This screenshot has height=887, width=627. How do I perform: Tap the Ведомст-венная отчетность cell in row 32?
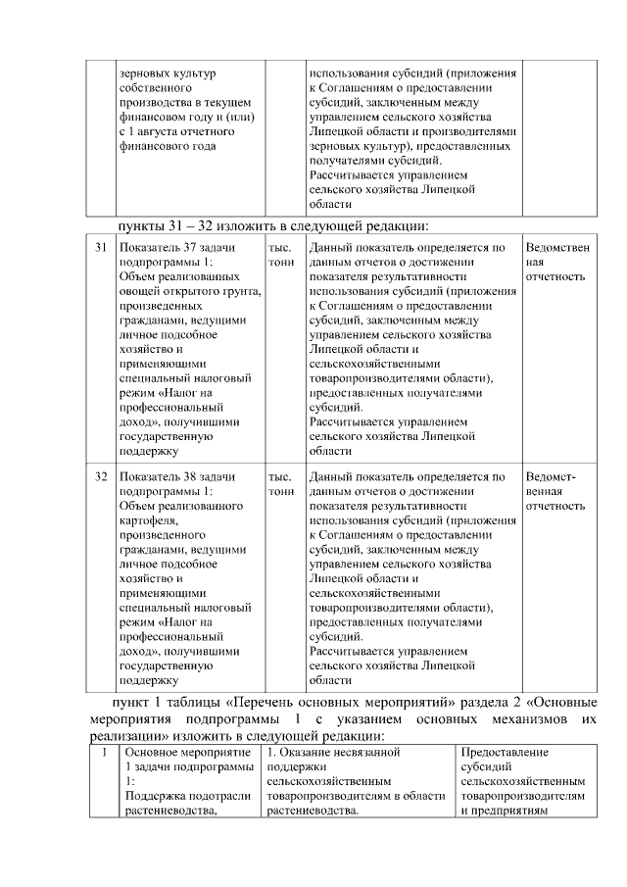[x=555, y=491]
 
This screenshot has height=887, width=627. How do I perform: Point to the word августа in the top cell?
[x=166, y=131]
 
